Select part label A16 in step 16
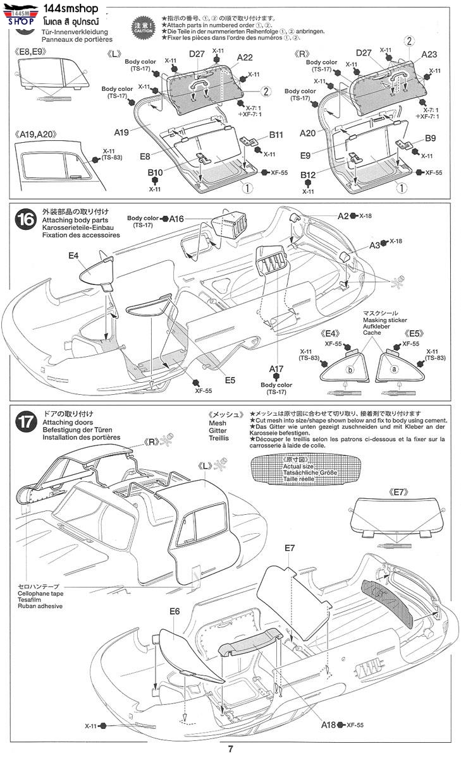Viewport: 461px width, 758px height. tap(176, 218)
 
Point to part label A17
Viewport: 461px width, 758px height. tap(276, 368)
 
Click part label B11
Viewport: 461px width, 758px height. tap(276, 135)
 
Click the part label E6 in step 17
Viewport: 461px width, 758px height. tap(175, 611)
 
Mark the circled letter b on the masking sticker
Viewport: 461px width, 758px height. tap(350, 370)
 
